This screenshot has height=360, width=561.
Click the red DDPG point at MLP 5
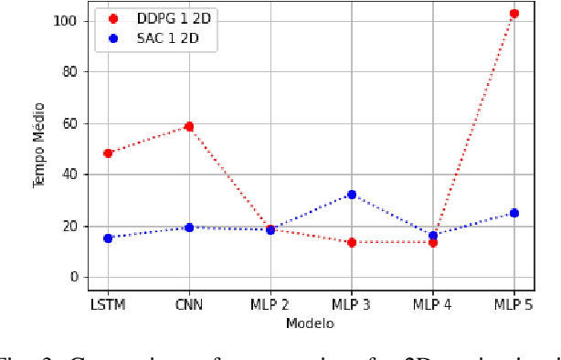click(x=513, y=14)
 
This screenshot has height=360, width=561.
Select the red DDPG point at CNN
click(x=189, y=127)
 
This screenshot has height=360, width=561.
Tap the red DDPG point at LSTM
click(x=108, y=154)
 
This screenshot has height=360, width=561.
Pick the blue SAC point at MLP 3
click(x=352, y=195)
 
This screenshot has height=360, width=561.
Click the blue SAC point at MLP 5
click(x=513, y=213)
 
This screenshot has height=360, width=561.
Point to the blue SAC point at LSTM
click(x=108, y=238)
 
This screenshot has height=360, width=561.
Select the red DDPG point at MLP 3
click(x=352, y=242)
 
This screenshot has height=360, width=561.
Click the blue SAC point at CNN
click(x=189, y=228)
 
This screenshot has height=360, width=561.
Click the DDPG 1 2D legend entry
click(x=160, y=17)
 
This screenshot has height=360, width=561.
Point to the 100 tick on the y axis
click(x=68, y=20)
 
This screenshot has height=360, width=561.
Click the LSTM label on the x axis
click(x=107, y=304)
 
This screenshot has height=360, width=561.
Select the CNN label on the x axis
click(x=189, y=304)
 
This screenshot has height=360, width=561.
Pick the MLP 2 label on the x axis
click(x=270, y=304)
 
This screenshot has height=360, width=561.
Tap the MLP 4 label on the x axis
click(x=432, y=304)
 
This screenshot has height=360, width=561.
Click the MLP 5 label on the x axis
click(x=513, y=304)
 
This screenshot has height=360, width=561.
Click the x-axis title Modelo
click(x=310, y=323)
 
